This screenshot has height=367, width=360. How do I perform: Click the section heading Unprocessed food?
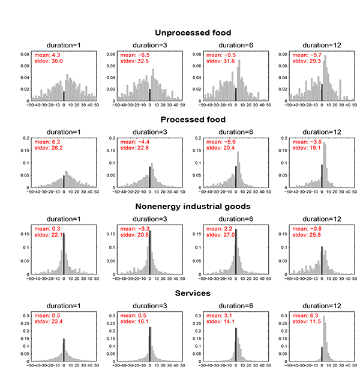click(193, 33)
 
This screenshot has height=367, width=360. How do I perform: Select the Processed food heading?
click(193, 120)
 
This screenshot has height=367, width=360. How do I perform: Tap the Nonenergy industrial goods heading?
click(193, 207)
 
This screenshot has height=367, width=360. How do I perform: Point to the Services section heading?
click(193, 293)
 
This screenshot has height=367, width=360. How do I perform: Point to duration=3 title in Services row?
click(149, 306)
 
